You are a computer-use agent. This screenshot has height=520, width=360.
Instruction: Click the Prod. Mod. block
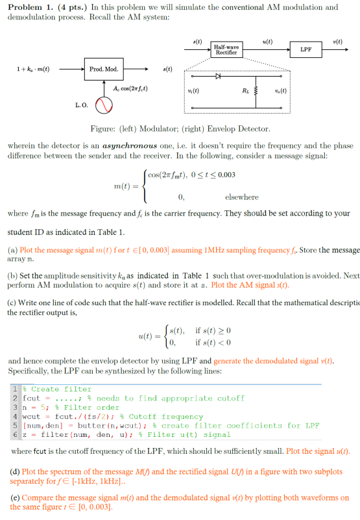(x=102, y=69)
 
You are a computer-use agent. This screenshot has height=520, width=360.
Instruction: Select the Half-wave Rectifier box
(x=226, y=49)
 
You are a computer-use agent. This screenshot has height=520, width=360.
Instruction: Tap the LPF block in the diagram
(x=305, y=49)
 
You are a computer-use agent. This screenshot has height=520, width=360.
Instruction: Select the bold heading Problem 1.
(x=29, y=7)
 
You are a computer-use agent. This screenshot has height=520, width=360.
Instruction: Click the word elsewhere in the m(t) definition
(x=241, y=197)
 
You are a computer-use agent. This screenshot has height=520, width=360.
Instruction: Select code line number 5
(x=16, y=425)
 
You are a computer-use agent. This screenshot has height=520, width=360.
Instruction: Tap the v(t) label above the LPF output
(x=337, y=41)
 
